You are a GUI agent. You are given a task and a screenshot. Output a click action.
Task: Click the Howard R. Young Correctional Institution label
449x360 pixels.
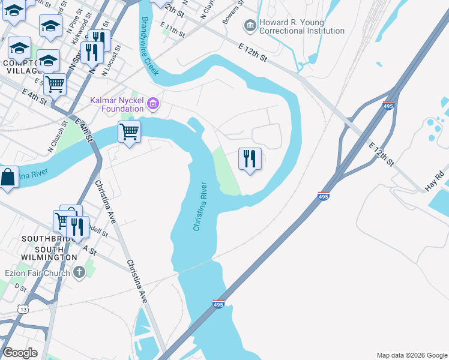(x=302, y=26)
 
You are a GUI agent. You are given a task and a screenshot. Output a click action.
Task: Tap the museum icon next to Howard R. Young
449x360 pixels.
(x=250, y=26)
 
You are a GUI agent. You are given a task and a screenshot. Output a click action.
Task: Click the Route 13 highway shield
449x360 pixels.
(x=23, y=308)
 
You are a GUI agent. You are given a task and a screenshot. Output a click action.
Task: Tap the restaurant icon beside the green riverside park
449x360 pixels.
(x=250, y=159)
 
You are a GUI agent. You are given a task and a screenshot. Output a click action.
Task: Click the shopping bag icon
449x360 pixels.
(x=7, y=178)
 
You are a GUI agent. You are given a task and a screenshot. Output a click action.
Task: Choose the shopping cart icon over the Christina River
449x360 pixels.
(x=129, y=131)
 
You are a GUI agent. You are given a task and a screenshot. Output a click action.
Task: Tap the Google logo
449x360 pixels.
(x=20, y=353)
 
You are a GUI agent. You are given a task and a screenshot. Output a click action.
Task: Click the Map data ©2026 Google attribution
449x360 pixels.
(x=412, y=355)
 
